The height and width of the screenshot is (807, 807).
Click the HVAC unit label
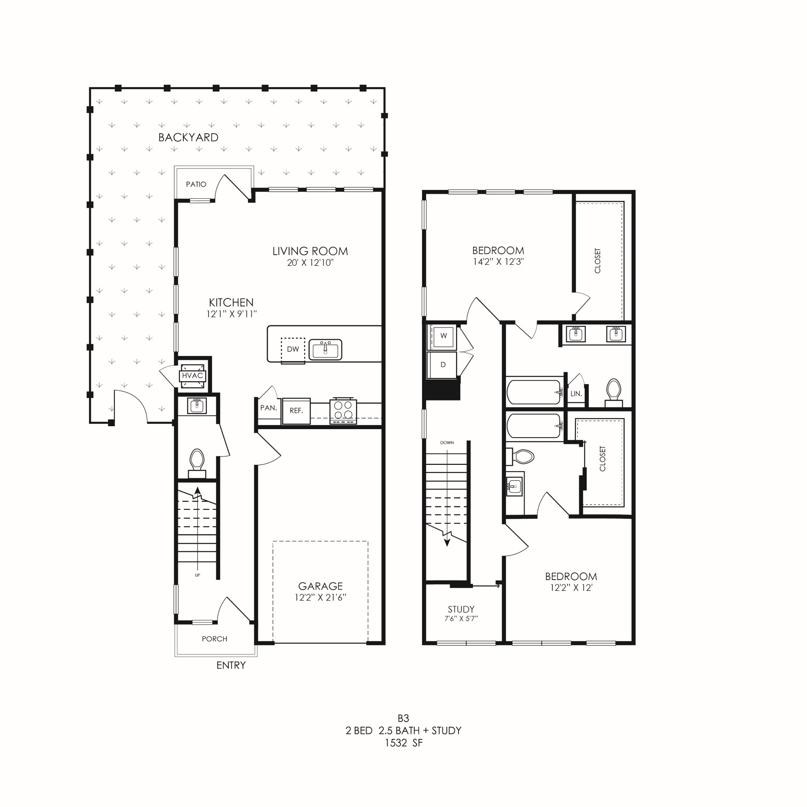pyautogui.click(x=193, y=376)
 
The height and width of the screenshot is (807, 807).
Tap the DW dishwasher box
pyautogui.click(x=293, y=349)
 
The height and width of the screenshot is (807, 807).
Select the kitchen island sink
pyautogui.click(x=325, y=350)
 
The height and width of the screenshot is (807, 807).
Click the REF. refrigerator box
pyautogui.click(x=296, y=411)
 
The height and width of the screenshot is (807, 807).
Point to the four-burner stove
pyautogui.click(x=343, y=411)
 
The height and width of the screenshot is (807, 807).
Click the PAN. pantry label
pyautogui.click(x=268, y=408)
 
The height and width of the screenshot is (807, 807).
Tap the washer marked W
pyautogui.click(x=443, y=336)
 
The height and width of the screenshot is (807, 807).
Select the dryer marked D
pyautogui.click(x=443, y=365)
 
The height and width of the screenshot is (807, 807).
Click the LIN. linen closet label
pyautogui.click(x=576, y=394)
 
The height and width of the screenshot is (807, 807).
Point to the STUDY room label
pyautogui.click(x=461, y=609)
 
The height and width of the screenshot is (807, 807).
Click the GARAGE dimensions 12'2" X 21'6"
pyautogui.click(x=320, y=597)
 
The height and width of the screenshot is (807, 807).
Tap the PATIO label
pyautogui.click(x=196, y=184)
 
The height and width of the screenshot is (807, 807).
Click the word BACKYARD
pyautogui.click(x=188, y=137)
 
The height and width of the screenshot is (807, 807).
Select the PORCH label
pyautogui.click(x=214, y=639)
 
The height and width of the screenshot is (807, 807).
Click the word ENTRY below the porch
pyautogui.click(x=231, y=665)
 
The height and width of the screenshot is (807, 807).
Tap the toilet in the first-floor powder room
pyautogui.click(x=197, y=462)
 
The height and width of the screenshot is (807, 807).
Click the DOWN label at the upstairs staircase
pyautogui.click(x=447, y=443)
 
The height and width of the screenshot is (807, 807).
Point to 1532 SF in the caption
pyautogui.click(x=403, y=743)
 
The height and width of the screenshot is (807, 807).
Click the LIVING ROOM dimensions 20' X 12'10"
pyautogui.click(x=310, y=263)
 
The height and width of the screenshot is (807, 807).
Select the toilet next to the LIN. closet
pyautogui.click(x=614, y=392)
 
